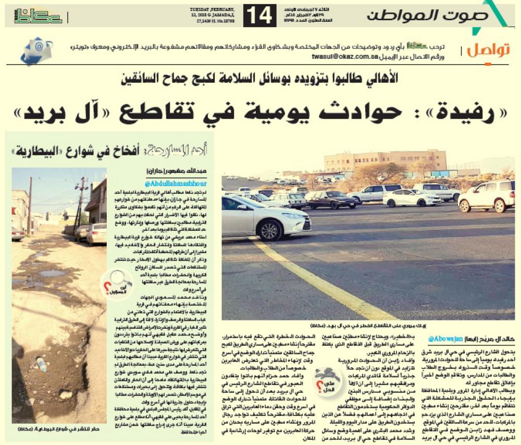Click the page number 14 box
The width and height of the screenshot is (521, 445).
(259, 16)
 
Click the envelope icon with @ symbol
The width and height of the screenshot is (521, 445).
(36, 50)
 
